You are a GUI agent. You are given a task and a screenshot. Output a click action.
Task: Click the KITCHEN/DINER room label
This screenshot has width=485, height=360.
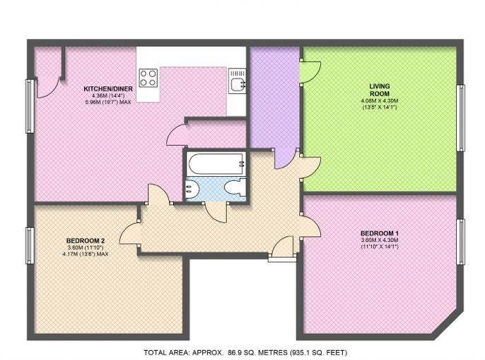[108, 89]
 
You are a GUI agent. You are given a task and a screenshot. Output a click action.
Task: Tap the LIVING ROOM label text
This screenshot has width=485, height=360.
[380, 90]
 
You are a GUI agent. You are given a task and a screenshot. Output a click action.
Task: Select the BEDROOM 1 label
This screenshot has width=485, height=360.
[380, 233]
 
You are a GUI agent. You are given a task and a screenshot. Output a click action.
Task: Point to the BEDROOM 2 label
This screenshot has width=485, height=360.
[86, 240]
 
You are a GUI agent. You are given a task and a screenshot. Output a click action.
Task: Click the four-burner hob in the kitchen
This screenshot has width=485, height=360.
[148, 78]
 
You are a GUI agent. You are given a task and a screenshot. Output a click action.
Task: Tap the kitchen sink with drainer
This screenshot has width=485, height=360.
[238, 81]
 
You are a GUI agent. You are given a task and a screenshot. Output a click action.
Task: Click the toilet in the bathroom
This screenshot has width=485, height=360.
[235, 188]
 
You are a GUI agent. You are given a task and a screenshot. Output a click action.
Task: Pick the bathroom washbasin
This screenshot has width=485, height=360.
[193, 188]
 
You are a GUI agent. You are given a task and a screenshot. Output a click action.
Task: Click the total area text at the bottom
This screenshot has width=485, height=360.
[245, 352]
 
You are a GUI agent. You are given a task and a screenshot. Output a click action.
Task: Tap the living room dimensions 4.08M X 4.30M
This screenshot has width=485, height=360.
[380, 101]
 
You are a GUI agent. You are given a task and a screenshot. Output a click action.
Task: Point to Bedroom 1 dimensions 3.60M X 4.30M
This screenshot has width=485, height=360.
[380, 240]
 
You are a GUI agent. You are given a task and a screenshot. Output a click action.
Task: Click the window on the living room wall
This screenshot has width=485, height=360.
[460, 118]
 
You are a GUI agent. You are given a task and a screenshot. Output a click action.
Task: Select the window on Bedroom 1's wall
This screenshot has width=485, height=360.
[460, 242]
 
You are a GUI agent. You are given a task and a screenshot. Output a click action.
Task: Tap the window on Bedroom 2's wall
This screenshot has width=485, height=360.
[30, 245]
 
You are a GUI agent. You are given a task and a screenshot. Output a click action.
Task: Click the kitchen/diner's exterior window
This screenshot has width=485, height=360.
[30, 106]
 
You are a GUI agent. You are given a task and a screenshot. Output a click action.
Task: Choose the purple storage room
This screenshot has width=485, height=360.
[274, 99]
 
